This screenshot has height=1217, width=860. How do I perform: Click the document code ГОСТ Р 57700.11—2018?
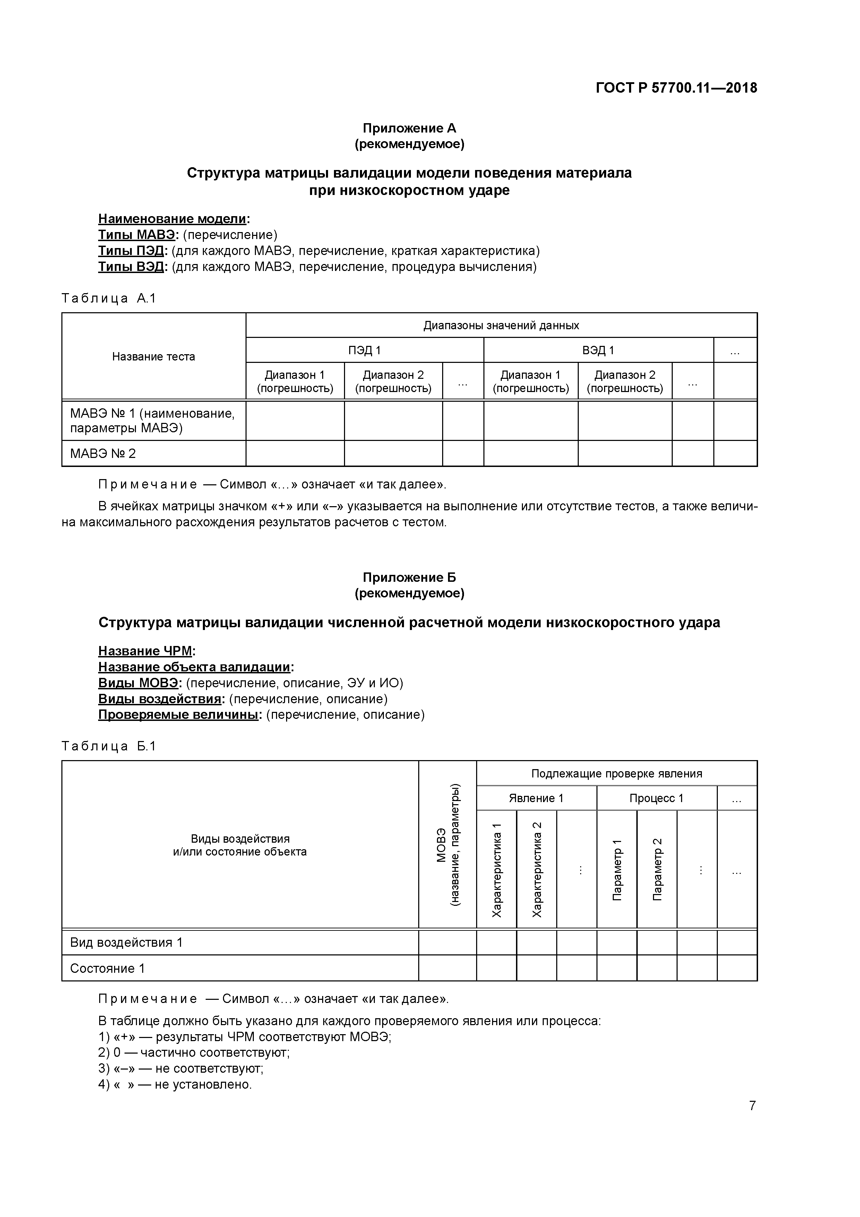[x=676, y=88]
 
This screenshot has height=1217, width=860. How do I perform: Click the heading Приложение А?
[x=409, y=128]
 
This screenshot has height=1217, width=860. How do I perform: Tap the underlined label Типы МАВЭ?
[x=136, y=235]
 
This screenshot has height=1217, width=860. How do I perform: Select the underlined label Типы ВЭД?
[x=132, y=267]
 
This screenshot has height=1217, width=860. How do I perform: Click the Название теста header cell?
[x=153, y=357]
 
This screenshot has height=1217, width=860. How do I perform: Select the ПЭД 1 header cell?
[x=364, y=350]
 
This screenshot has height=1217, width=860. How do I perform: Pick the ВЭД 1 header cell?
[x=598, y=350]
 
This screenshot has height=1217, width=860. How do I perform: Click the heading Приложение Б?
[x=409, y=577]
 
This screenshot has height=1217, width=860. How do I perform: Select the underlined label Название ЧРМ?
[x=145, y=651]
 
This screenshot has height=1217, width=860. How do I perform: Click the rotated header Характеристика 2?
[x=537, y=869]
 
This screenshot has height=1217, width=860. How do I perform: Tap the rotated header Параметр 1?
[x=617, y=869]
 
